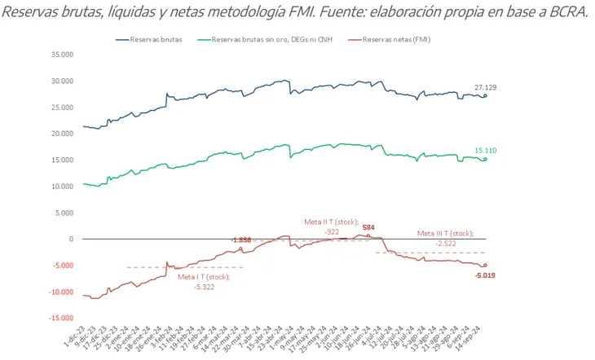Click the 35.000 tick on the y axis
(62, 55)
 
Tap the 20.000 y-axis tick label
(62, 134)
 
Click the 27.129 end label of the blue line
(487, 87)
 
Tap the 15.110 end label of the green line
(487, 151)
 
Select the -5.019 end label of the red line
(486, 275)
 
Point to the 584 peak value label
(368, 227)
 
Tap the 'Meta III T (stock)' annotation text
(445, 234)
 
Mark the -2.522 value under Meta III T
(445, 244)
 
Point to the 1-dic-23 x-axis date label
(74, 337)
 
